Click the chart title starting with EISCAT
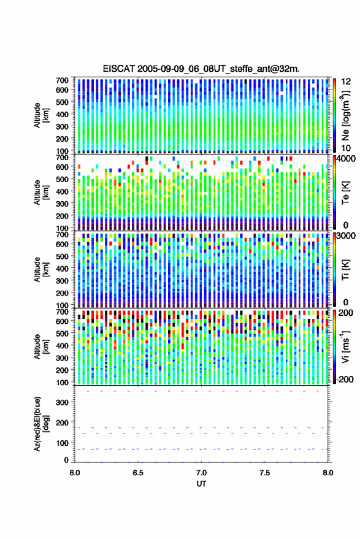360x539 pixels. [201, 69]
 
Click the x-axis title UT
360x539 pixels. [201, 484]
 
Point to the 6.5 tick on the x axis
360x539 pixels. [138, 473]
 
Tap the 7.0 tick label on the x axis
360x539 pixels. [202, 473]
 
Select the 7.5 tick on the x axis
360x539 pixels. [265, 473]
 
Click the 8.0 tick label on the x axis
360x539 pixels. [328, 473]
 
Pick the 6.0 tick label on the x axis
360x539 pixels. [75, 473]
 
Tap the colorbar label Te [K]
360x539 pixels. [345, 193]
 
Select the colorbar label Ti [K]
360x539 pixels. [345, 270]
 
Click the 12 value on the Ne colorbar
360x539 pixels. [345, 82]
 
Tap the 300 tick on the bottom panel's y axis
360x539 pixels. [62, 402]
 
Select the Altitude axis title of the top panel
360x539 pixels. [42, 115]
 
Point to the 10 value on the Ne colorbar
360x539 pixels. [345, 148]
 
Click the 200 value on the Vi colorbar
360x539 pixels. [345, 313]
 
